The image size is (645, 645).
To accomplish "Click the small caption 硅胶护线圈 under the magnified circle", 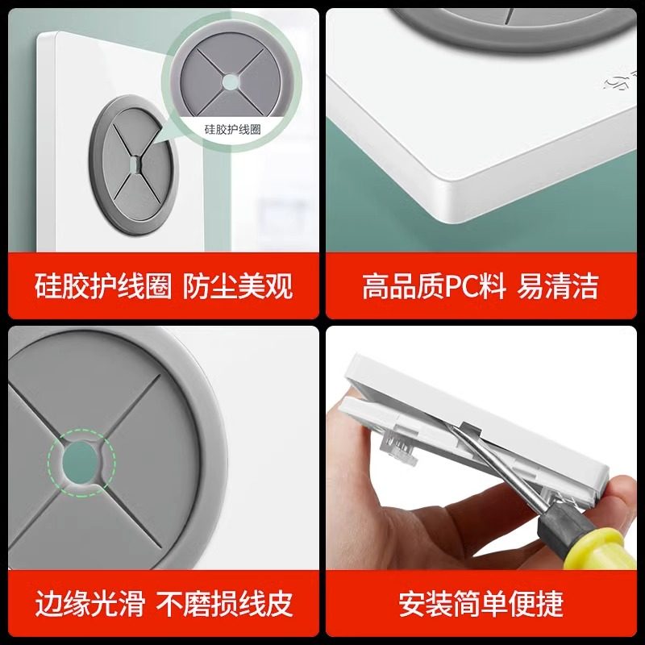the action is [232, 130].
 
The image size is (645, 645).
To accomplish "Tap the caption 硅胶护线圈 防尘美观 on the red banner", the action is [164, 286].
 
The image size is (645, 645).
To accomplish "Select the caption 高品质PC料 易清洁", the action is [480, 286].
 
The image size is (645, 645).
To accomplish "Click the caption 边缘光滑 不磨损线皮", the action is [164, 603].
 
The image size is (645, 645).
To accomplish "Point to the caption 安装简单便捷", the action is [481, 603].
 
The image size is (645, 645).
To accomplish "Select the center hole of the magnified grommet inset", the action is [230, 82].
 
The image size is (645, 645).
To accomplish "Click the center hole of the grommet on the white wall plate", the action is [135, 165].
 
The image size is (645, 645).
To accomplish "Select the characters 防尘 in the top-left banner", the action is [210, 286].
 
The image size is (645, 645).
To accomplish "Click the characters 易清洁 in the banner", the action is [557, 286].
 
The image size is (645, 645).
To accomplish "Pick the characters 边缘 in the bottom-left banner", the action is [62, 603].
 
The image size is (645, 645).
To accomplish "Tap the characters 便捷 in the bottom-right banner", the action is [536, 603].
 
